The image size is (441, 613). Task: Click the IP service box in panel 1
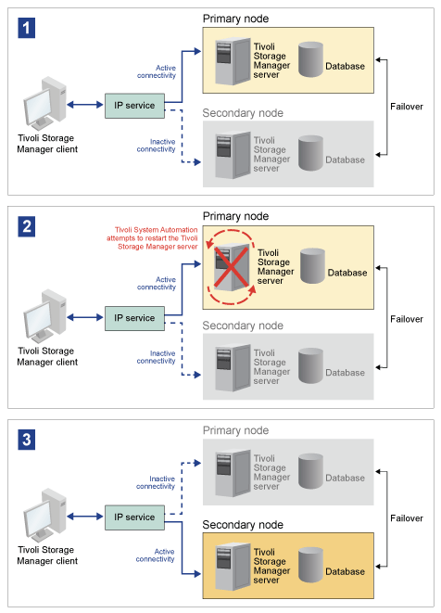(x=134, y=104)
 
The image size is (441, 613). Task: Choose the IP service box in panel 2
(x=134, y=318)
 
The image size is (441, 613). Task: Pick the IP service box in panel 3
(x=134, y=517)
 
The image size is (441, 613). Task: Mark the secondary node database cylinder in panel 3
(x=311, y=565)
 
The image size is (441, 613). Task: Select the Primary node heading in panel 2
(x=235, y=216)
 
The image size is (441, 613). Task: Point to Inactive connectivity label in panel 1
(x=156, y=144)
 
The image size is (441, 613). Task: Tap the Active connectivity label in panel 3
(x=156, y=556)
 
